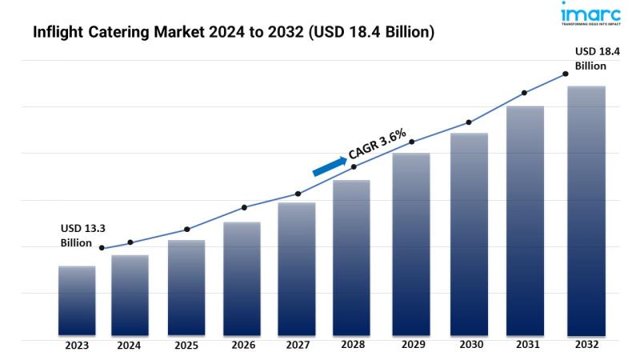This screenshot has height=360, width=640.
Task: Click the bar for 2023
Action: (77, 300)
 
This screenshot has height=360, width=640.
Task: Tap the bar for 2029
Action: (411, 244)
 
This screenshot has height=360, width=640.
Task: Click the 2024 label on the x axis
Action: (129, 346)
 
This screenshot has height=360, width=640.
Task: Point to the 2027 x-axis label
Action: (298, 346)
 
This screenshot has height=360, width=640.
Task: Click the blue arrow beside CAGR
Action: (330, 165)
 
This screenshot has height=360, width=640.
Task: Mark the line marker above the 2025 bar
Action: (186, 230)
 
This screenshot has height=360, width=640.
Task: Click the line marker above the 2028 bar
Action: (354, 166)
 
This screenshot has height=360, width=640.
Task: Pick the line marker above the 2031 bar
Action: (525, 93)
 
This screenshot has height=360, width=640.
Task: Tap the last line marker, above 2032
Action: (566, 74)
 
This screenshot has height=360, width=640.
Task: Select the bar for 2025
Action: (186, 288)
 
